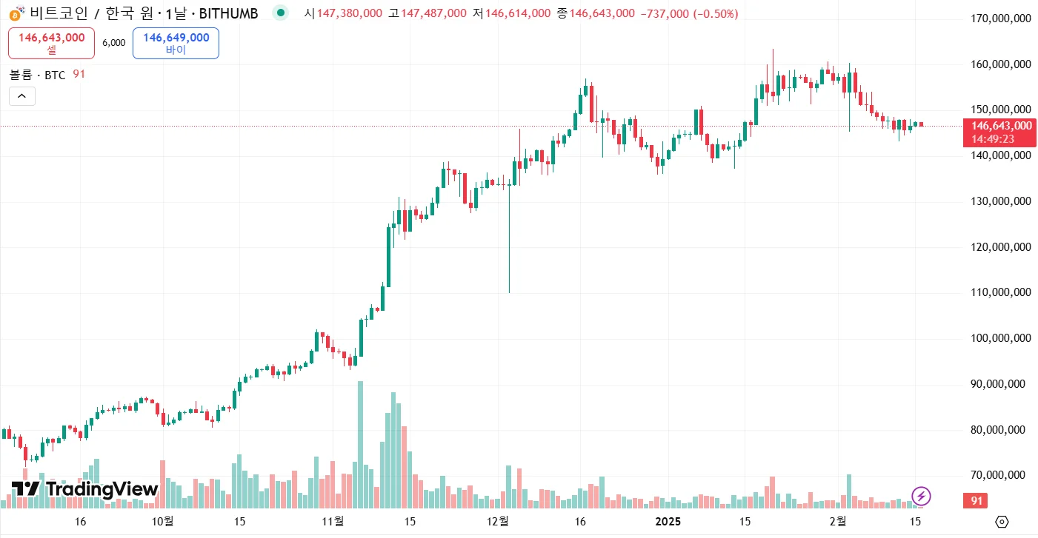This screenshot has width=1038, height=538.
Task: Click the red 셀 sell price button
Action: tap(51, 43)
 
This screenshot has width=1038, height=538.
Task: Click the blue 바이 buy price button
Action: tap(176, 43)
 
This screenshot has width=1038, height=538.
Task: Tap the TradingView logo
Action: tap(84, 489)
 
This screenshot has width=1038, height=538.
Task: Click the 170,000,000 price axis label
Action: tap(1000, 19)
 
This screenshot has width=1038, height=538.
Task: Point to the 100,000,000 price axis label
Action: tap(1000, 338)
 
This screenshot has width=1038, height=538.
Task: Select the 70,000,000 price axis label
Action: tap(1000, 475)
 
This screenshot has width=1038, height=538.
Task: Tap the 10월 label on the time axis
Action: tap(163, 521)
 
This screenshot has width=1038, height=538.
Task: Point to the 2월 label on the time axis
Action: tap(838, 521)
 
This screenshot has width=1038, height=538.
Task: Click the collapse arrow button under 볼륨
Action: tap(21, 96)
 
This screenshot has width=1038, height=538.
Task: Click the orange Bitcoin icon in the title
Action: tap(15, 13)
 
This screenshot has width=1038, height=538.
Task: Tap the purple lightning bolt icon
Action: tap(920, 495)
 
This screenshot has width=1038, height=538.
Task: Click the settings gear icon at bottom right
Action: tap(1002, 522)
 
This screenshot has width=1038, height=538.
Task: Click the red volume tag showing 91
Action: tap(977, 501)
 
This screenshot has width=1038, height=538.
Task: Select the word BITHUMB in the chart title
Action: tap(229, 13)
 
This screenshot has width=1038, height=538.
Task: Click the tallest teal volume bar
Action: tap(360, 444)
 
